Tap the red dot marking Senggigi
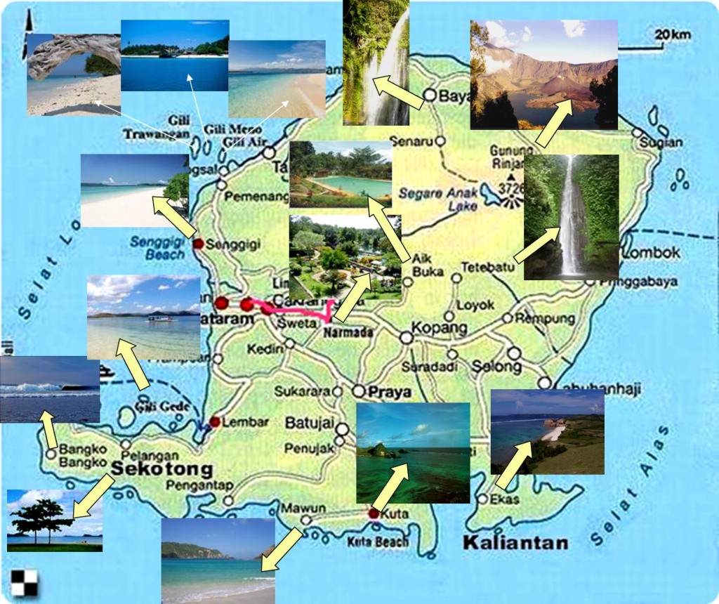(x=199, y=244)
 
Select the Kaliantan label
(x=515, y=542)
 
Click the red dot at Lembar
(x=216, y=421)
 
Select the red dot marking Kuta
(x=374, y=514)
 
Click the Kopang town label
(x=439, y=328)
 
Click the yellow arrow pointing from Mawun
(x=282, y=549)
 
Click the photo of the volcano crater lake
(x=543, y=74)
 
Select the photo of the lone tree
(x=54, y=520)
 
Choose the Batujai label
(x=307, y=423)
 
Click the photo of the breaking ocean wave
(x=49, y=389)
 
